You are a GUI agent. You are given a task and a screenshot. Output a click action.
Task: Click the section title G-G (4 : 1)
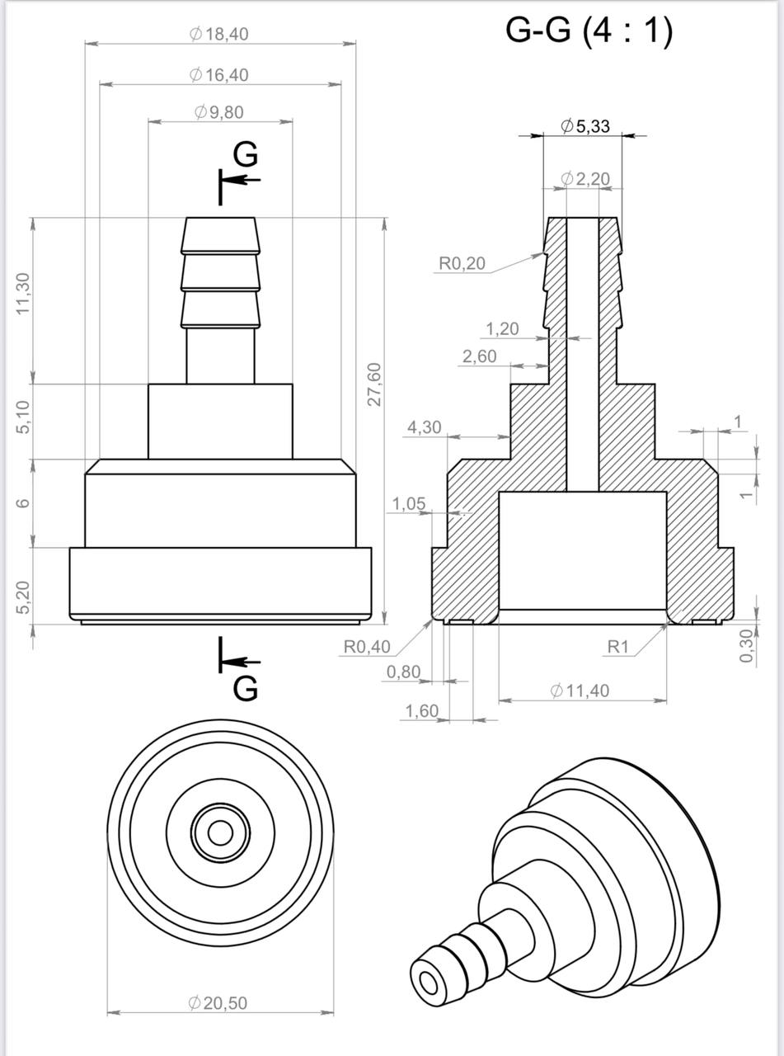tap(589, 32)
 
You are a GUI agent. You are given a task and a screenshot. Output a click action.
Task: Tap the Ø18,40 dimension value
tap(218, 35)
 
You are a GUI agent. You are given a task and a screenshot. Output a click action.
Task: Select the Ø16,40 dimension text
tap(218, 75)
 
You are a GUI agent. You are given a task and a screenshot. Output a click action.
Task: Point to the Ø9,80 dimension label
tap(218, 112)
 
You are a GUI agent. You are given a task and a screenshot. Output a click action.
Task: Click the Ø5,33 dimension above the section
tap(585, 126)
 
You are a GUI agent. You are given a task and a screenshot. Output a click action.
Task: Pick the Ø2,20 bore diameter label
tap(585, 179)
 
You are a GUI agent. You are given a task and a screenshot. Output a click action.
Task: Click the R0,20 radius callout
tap(462, 263)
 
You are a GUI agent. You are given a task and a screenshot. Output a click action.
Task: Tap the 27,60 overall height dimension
tap(375, 384)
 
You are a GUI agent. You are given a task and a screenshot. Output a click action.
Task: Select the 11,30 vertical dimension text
tap(23, 293)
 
